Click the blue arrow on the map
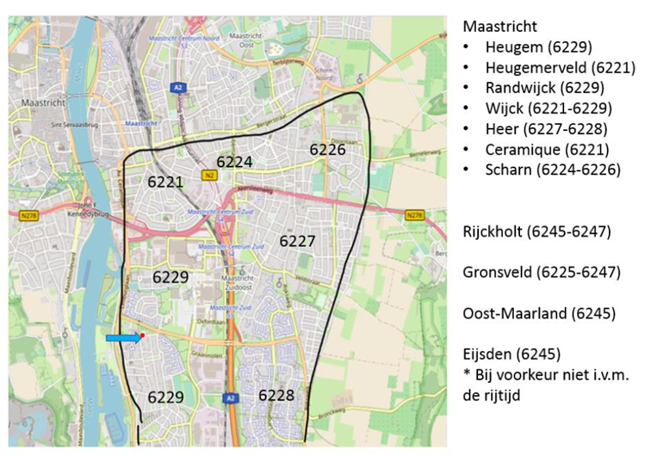(122, 339)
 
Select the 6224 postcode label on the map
(234, 162)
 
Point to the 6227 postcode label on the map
(297, 242)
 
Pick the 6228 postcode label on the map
(276, 395)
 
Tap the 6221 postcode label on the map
(165, 182)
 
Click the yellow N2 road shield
(208, 175)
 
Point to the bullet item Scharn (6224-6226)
(552, 169)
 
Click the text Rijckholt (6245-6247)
(536, 231)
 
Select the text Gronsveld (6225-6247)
(542, 272)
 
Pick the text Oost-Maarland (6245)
(539, 313)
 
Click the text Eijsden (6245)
(512, 354)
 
